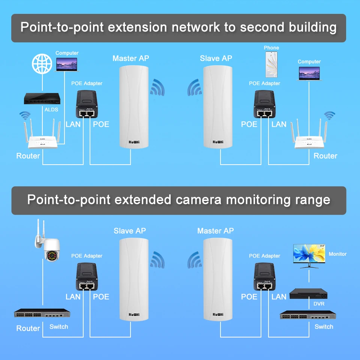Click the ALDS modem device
tap(42, 99)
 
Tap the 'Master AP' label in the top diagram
tap(130, 58)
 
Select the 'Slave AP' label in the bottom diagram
tap(130, 231)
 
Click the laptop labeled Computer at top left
tap(67, 66)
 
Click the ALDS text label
tap(51, 109)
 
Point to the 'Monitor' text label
tap(337, 254)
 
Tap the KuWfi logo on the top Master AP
tap(133, 142)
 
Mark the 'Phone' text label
tap(271, 48)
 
